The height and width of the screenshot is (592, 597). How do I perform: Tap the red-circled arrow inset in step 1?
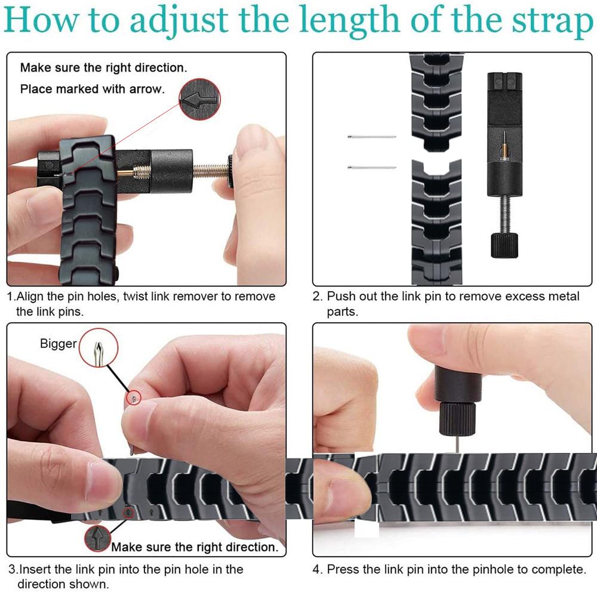tap(199, 100)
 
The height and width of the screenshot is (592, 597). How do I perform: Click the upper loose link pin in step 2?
tap(371, 137)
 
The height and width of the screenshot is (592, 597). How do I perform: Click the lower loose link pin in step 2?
tap(371, 167)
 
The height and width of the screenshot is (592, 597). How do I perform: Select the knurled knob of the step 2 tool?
tap(504, 245)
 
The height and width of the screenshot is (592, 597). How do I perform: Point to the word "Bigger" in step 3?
tap(59, 343)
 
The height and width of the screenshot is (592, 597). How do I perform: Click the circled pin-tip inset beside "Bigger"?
tap(99, 348)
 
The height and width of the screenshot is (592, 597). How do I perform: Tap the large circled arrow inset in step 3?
tap(98, 538)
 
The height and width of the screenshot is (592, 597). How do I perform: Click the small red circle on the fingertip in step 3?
tap(134, 398)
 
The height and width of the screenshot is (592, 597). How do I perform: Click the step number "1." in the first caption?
tap(11, 296)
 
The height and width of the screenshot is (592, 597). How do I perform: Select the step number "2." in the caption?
tap(318, 296)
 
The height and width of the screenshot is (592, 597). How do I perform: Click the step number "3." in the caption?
tap(13, 569)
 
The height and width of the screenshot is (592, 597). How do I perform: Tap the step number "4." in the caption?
tap(318, 569)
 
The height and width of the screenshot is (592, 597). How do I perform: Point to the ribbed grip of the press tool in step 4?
tap(457, 419)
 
